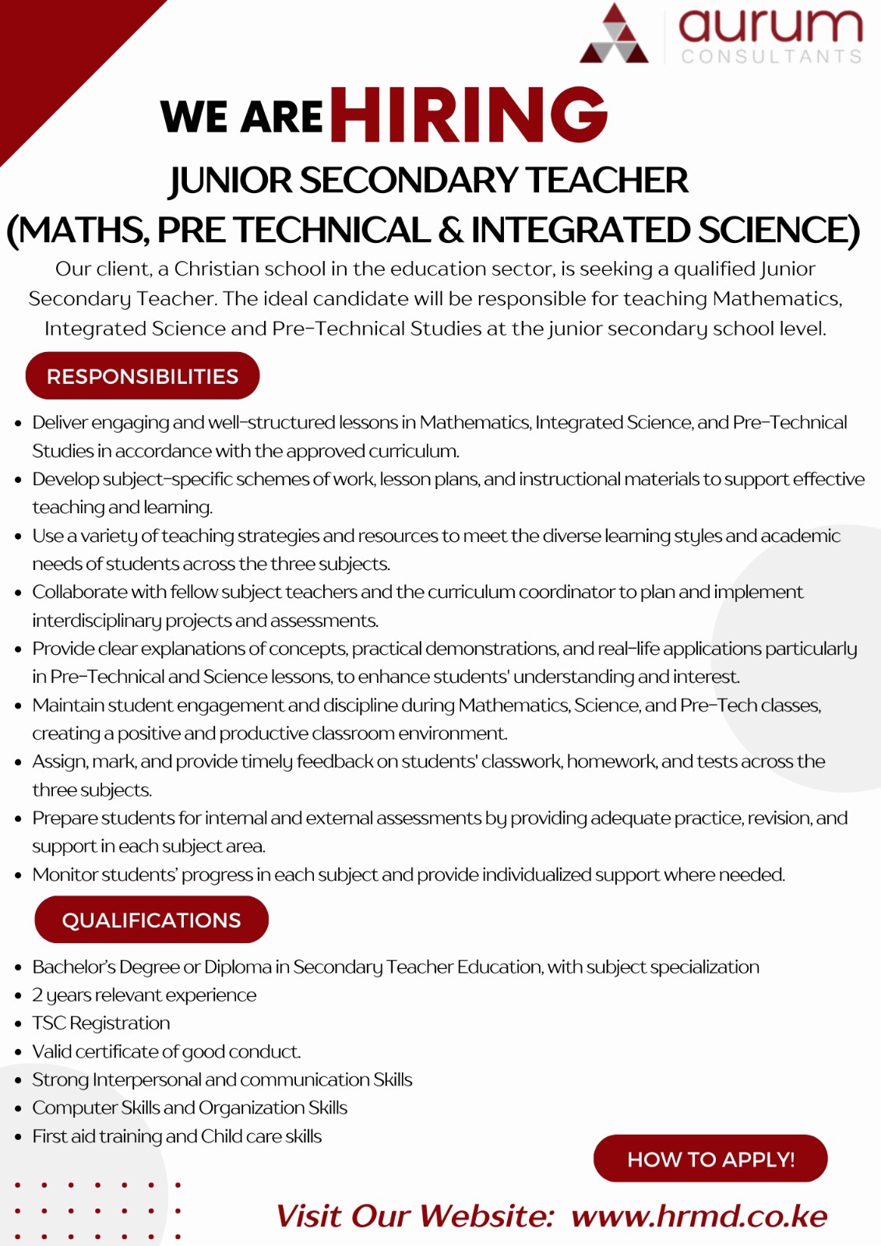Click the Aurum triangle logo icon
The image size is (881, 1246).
pyautogui.click(x=614, y=35)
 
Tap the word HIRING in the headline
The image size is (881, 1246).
pyautogui.click(x=469, y=115)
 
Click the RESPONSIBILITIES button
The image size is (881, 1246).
pyautogui.click(x=143, y=376)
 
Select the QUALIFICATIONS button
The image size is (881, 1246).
pyautogui.click(x=151, y=920)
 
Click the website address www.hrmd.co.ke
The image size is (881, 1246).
pyautogui.click(x=699, y=1216)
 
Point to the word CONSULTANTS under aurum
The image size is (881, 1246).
pyautogui.click(x=771, y=56)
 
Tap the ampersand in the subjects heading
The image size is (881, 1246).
pyautogui.click(x=449, y=231)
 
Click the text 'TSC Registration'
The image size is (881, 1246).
pyautogui.click(x=100, y=1023)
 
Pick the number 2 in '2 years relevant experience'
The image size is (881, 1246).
pyautogui.click(x=37, y=995)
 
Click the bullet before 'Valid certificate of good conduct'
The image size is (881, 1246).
pyautogui.click(x=18, y=1052)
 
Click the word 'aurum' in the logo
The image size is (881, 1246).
pyautogui.click(x=770, y=25)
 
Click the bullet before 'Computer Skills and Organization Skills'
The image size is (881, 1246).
pyautogui.click(x=18, y=1109)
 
